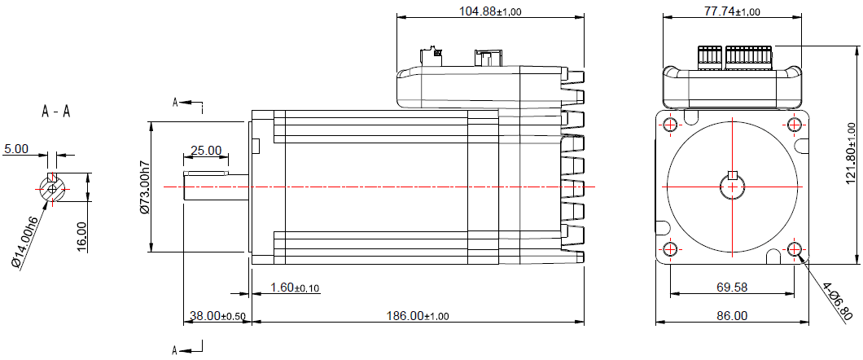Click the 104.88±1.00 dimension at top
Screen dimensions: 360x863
pyautogui.click(x=490, y=11)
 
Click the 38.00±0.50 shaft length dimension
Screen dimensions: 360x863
pyautogui.click(x=215, y=316)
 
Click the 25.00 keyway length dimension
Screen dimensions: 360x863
pyautogui.click(x=205, y=151)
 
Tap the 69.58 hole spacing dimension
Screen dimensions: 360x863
pyautogui.click(x=731, y=288)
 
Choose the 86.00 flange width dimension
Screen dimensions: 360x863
pyautogui.click(x=731, y=316)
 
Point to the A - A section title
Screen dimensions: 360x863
pyautogui.click(x=55, y=112)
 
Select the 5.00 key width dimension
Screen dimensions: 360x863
pyautogui.click(x=16, y=149)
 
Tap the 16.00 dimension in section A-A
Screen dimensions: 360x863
pyautogui.click(x=81, y=237)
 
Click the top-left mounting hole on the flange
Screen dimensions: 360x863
pyautogui.click(x=669, y=125)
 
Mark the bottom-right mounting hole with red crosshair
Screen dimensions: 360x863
pyautogui.click(x=794, y=249)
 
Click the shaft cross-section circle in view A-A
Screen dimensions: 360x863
pyautogui.click(x=53, y=188)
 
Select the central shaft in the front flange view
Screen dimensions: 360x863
pyautogui.click(x=731, y=187)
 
